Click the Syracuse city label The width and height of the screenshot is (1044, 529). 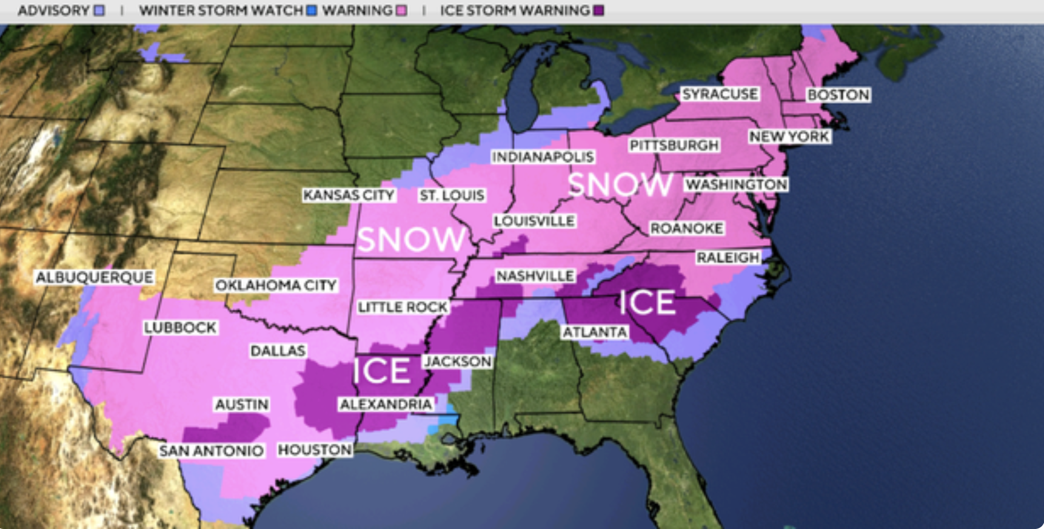tap(720, 94)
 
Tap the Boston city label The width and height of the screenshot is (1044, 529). tap(838, 95)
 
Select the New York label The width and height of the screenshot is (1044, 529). tap(789, 136)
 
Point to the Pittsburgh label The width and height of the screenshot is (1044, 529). tap(674, 146)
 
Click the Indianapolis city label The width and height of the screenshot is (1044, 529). tap(543, 157)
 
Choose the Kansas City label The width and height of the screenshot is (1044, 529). tap(349, 195)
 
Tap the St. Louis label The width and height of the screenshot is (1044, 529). tap(452, 195)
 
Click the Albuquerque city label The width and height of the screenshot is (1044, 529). tap(95, 277)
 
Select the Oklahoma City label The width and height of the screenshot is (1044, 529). tap(276, 285)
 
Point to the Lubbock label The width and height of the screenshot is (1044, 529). tap(180, 328)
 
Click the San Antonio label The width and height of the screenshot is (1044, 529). tap(212, 451)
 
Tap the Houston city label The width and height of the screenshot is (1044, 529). tap(315, 450)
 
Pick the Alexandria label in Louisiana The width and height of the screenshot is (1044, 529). tap(386, 404)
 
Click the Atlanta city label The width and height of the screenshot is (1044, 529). tap(594, 332)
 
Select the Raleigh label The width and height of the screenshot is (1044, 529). tap(728, 258)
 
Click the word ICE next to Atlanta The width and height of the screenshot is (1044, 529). tap(647, 303)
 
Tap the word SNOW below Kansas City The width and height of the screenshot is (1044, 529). tap(411, 239)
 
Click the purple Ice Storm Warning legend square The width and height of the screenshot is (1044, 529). tap(598, 10)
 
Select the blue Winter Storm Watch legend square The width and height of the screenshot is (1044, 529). tap(312, 10)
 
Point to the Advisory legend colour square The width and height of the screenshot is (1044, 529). tap(99, 10)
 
